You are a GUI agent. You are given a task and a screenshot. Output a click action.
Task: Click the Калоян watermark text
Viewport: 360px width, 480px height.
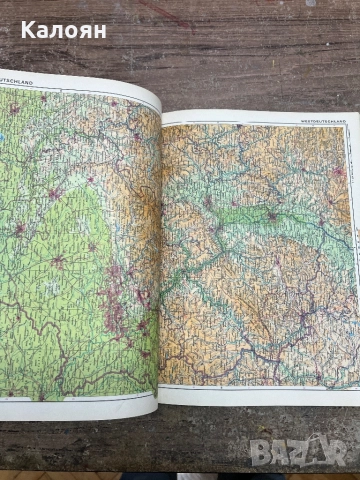pyautogui.click(x=56, y=29)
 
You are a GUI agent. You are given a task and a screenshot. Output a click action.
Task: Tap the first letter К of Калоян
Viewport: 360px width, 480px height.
pyautogui.click(x=13, y=29)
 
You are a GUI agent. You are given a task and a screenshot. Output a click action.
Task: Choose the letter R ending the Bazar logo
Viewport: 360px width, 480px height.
pyautogui.click(x=345, y=453)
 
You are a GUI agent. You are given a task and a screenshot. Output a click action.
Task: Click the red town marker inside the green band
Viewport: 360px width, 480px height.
pyautogui.click(x=271, y=214)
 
